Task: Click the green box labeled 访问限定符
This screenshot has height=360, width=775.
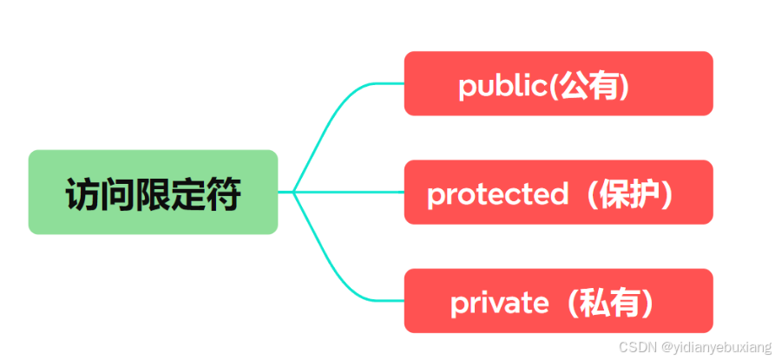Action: coord(153,192)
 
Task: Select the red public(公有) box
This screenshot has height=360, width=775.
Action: coord(558,83)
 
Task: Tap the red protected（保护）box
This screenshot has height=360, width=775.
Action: coord(558,192)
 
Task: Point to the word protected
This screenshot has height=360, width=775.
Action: coord(497,193)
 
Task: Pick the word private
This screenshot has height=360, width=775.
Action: coord(499,303)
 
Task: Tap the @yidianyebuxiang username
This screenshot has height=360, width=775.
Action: coord(713,347)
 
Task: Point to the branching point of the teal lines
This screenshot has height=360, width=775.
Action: coord(294,192)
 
